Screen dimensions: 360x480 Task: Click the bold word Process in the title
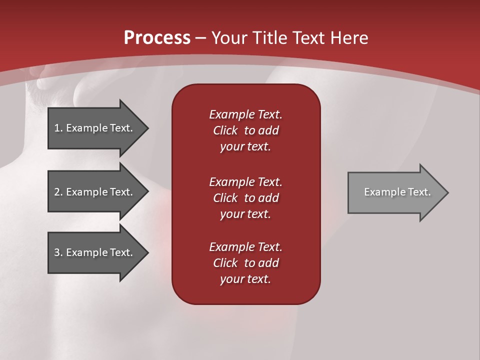click(x=157, y=37)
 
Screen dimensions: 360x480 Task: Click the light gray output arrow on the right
click(x=395, y=192)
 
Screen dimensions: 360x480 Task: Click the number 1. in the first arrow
click(x=58, y=128)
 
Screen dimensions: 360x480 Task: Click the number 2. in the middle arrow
click(x=58, y=192)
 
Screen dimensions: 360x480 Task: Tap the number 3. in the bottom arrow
click(x=58, y=252)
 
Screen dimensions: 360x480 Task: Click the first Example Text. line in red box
click(x=245, y=114)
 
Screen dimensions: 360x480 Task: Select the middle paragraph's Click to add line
click(x=245, y=198)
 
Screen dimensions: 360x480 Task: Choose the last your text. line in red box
click(x=245, y=279)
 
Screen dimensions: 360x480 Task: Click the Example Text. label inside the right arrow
click(x=397, y=192)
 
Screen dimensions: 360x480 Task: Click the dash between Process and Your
click(x=200, y=38)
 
